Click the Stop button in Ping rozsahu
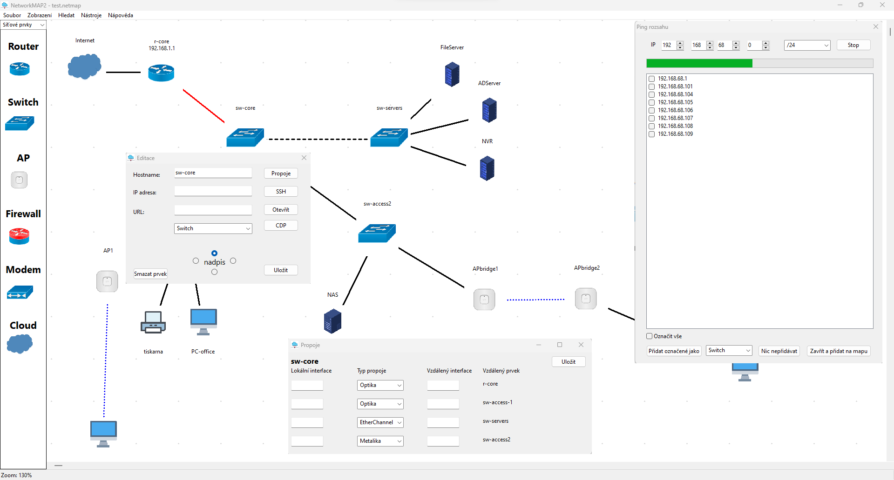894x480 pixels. pos(853,45)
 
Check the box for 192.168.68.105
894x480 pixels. pos(652,102)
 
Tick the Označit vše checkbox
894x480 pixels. pos(650,336)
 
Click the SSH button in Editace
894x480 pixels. pos(281,192)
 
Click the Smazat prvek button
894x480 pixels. pos(150,274)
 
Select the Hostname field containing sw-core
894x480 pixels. pos(213,173)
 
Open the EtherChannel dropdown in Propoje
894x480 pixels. pos(380,422)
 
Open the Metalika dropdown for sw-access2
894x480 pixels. pos(380,441)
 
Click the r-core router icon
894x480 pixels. pos(161,73)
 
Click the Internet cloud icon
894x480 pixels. pos(84,67)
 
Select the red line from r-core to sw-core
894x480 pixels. pos(203,106)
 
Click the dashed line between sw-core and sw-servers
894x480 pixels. pos(318,139)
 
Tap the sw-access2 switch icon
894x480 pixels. pos(377,233)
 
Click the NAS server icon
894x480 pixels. pos(332,321)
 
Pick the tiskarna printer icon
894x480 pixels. pos(153,322)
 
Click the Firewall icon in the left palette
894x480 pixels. pos(19,236)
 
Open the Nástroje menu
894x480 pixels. pos(91,15)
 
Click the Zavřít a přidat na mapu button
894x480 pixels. pos(839,351)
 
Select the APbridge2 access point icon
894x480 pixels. pos(586,299)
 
